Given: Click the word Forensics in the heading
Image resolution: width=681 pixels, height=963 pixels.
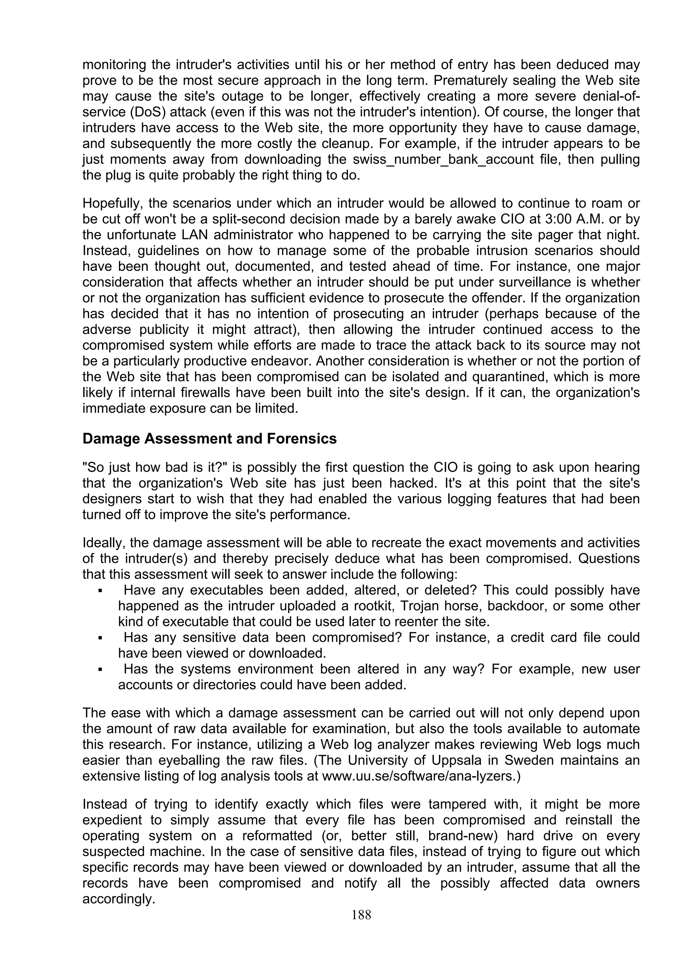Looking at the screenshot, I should (301, 439).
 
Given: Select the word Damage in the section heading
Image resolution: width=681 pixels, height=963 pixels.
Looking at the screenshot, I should (111, 439).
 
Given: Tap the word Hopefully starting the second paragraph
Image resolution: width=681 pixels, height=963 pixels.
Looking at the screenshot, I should (112, 203).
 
